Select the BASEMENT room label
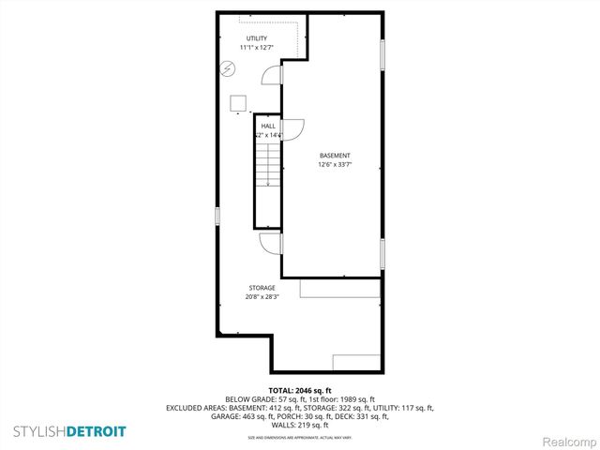pyautogui.click(x=335, y=156)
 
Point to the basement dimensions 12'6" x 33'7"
pyautogui.click(x=335, y=165)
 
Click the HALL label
pyautogui.click(x=268, y=126)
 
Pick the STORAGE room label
pyautogui.click(x=262, y=288)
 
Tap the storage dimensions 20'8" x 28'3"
pyautogui.click(x=262, y=297)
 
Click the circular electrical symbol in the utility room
pyautogui.click(x=228, y=68)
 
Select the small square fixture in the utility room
pyautogui.click(x=239, y=101)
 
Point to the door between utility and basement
pyautogui.click(x=272, y=76)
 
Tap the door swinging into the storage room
pyautogui.click(x=271, y=243)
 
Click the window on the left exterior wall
pyautogui.click(x=217, y=216)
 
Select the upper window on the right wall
pyautogui.click(x=382, y=54)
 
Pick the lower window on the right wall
pyautogui.click(x=382, y=253)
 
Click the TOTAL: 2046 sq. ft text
pyautogui.click(x=300, y=390)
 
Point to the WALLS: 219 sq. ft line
pyautogui.click(x=300, y=425)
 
